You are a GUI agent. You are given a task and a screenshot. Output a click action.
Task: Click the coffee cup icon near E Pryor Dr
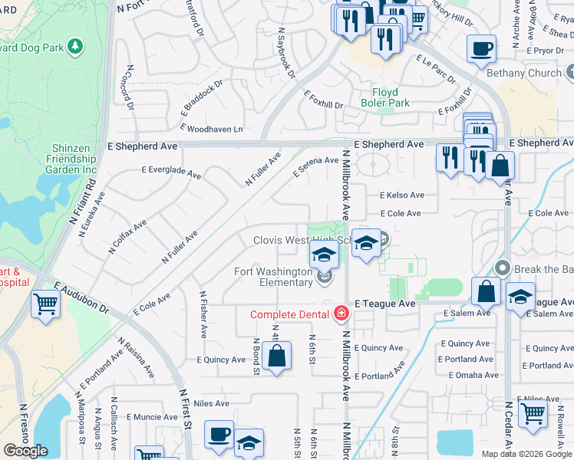(x=481, y=50)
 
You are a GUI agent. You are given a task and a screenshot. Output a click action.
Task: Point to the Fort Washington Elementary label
(x=274, y=277)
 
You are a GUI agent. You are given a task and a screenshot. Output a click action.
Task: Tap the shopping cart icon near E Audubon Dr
(x=45, y=304)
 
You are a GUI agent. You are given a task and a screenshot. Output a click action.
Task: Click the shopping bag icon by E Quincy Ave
(x=276, y=356)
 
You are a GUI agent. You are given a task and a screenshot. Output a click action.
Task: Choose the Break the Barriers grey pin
(x=503, y=268)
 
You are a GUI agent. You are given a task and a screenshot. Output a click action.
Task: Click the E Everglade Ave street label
(x=171, y=172)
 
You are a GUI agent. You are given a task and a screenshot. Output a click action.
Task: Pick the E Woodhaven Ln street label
(x=211, y=130)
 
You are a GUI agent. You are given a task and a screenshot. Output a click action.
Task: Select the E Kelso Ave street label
(x=401, y=195)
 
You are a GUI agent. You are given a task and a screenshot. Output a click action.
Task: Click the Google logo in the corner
(x=25, y=451)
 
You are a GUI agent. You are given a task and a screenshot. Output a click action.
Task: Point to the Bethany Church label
(x=524, y=74)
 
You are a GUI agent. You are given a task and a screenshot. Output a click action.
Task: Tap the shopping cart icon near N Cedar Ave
(x=533, y=415)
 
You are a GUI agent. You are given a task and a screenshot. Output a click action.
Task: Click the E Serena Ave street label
(x=315, y=166)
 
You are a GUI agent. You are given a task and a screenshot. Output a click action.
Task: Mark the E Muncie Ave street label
(x=152, y=417)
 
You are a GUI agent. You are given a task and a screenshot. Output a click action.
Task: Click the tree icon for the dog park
(x=75, y=47)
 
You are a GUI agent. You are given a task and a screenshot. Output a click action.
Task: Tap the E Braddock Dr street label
(x=202, y=99)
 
